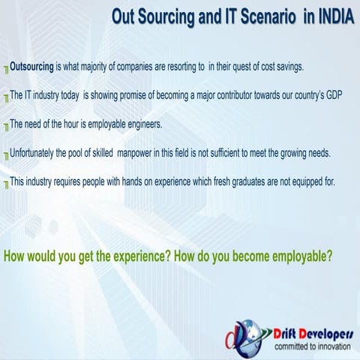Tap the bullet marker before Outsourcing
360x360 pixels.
6,69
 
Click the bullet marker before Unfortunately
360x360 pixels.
6,155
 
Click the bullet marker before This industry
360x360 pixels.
6,184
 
